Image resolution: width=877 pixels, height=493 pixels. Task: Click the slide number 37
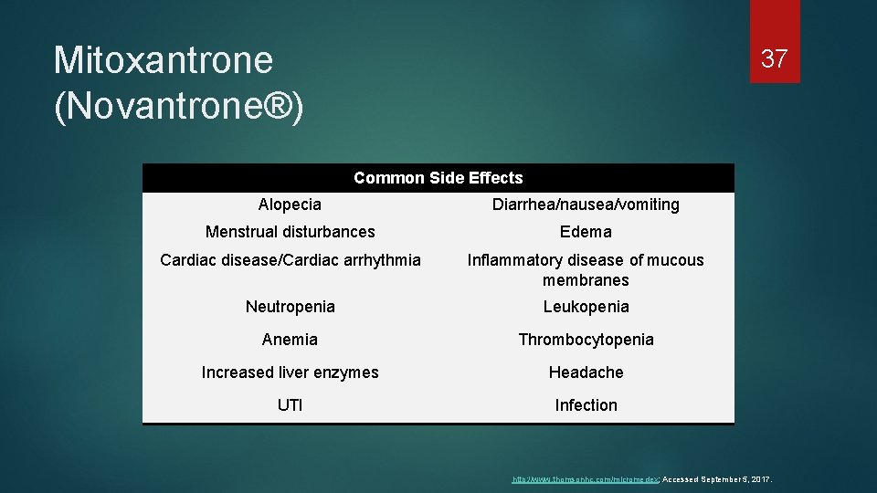774,59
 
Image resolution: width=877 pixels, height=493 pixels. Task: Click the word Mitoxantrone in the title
164,60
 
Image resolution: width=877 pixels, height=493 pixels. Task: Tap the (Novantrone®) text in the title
179,105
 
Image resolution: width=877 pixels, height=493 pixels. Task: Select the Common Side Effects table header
438,178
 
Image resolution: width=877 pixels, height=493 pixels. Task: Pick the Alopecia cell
290,205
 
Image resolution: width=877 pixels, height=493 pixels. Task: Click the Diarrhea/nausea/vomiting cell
586,205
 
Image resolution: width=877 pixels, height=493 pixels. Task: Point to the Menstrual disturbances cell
290,232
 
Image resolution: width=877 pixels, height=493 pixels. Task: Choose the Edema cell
586,232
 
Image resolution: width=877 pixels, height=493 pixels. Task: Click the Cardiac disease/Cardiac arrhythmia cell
290,260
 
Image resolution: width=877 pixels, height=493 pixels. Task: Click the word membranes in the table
586,280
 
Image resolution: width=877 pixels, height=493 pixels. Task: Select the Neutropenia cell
290,307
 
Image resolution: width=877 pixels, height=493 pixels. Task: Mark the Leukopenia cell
586,307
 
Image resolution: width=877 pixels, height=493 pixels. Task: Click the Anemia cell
290,340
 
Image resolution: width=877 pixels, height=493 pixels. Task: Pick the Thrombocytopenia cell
586,340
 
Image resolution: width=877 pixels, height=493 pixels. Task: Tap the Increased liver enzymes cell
290,372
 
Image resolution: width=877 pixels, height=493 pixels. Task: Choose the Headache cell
586,372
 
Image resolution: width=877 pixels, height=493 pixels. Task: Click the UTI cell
290,405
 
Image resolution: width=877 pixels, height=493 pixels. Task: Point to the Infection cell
586,405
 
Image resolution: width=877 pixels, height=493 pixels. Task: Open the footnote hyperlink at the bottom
584,478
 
